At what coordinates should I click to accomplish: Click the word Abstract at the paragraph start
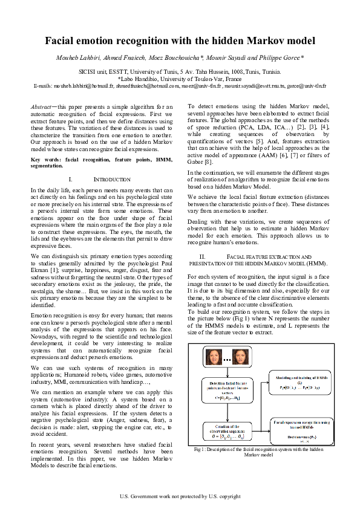pyautogui.click(x=41, y=106)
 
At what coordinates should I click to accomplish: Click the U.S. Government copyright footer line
pyautogui.click(x=180, y=497)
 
